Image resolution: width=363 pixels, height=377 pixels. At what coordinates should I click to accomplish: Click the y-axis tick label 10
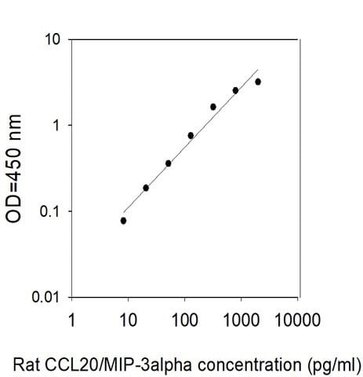(53, 39)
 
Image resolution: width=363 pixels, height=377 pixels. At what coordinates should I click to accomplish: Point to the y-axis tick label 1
(56, 126)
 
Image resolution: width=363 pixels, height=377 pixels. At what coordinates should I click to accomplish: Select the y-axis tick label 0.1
(50, 211)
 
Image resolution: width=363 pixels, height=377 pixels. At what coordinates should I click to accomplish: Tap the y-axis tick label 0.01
(46, 297)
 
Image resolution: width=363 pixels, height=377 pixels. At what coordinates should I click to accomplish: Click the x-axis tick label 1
(71, 320)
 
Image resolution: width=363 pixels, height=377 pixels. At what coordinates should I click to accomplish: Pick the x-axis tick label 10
(128, 320)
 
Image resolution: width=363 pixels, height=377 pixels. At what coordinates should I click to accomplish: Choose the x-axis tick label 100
(185, 320)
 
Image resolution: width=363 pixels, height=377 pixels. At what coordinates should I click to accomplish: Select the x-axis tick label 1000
(241, 320)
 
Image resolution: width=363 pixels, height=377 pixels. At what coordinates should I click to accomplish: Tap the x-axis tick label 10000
(298, 320)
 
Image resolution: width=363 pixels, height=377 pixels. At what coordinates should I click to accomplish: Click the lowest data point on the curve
(124, 221)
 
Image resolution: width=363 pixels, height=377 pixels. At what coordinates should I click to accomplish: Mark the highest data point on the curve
(258, 82)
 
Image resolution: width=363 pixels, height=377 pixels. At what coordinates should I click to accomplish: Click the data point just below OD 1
(191, 136)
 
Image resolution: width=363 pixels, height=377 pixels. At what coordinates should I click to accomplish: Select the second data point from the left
(146, 188)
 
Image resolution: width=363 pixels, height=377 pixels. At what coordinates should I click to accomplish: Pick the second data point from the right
(235, 91)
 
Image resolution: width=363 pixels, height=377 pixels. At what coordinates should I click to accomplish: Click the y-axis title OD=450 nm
(13, 169)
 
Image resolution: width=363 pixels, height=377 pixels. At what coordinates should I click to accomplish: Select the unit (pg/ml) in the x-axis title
(334, 365)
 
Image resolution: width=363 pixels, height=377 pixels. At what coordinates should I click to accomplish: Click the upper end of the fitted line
(258, 70)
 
